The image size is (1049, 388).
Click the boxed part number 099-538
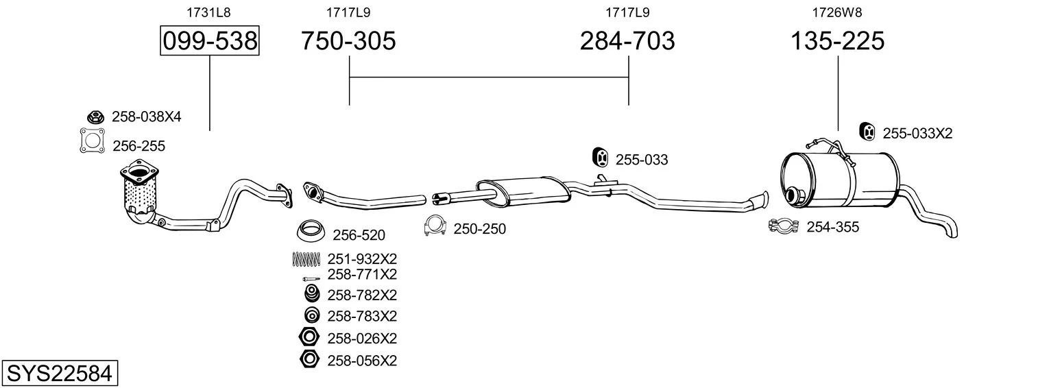click(x=210, y=40)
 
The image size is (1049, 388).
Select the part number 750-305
click(x=348, y=40)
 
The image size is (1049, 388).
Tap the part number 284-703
click(x=627, y=40)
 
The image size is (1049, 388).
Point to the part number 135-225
click(x=837, y=40)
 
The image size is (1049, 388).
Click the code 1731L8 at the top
click(x=209, y=12)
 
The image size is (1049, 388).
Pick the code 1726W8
click(x=837, y=12)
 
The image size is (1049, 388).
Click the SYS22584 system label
click(x=60, y=374)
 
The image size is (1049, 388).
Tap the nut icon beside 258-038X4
click(x=95, y=117)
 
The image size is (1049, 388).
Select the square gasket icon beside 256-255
click(x=93, y=141)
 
